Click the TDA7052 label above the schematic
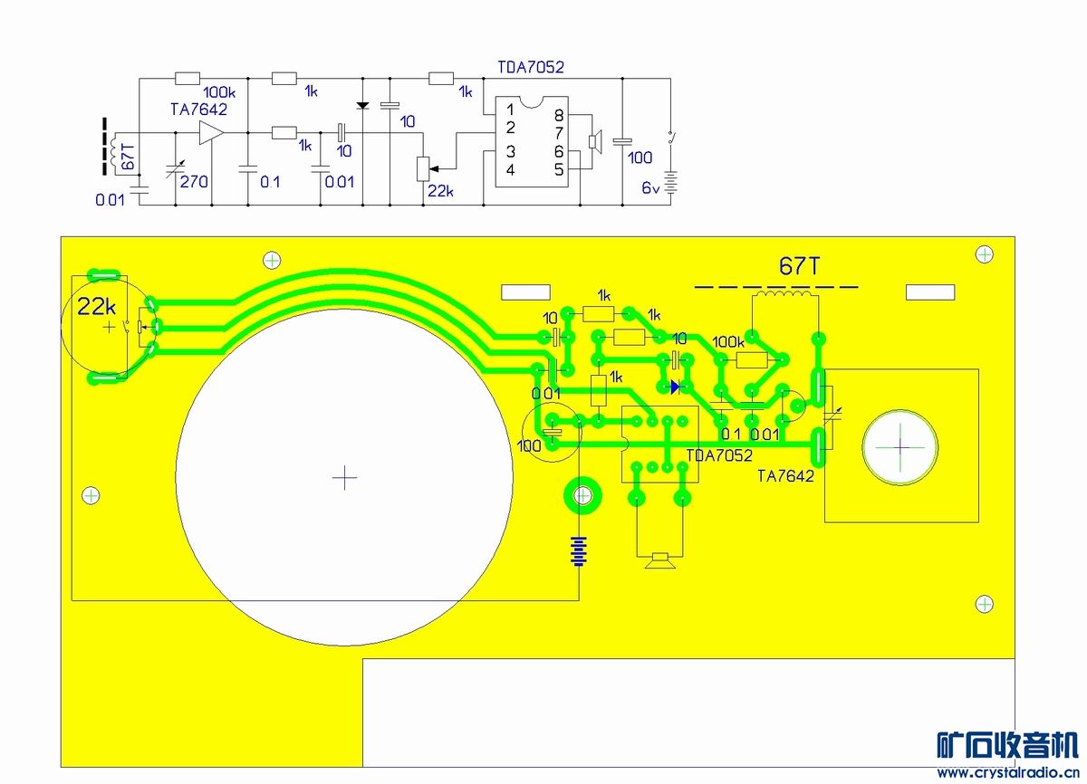click(531, 67)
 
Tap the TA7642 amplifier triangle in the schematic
click(211, 132)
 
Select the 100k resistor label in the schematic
click(219, 92)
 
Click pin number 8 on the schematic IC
click(559, 115)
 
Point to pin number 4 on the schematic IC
click(510, 169)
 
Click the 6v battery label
click(650, 187)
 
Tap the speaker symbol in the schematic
click(595, 141)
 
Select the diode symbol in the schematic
click(362, 105)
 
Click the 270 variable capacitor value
click(194, 181)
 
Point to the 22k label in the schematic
click(440, 191)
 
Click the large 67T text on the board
click(799, 265)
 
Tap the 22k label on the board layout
click(97, 306)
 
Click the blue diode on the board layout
click(675, 387)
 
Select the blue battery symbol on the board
click(579, 551)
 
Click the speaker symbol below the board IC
click(659, 560)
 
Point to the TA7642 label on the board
click(785, 476)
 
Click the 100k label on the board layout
click(728, 342)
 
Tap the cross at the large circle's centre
click(344, 478)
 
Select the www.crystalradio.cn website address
click(1008, 772)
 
